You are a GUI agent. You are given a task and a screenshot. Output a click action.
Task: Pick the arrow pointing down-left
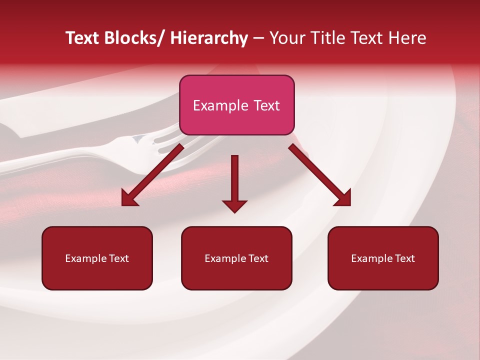(152, 175)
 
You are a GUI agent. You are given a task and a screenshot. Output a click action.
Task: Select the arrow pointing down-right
(320, 175)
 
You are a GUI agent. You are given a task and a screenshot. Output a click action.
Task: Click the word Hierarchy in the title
(209, 38)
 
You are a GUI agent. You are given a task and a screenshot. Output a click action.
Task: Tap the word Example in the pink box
(220, 106)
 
